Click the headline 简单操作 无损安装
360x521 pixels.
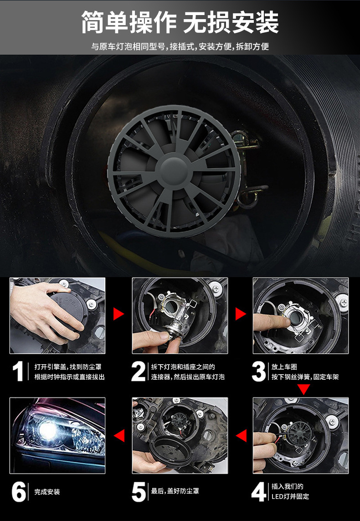pyautogui.click(x=180, y=23)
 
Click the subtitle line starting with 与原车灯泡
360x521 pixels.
pyautogui.click(x=180, y=46)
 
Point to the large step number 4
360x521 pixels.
pyautogui.click(x=259, y=492)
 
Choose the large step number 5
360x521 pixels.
pyautogui.click(x=139, y=492)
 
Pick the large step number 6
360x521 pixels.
pyautogui.click(x=19, y=492)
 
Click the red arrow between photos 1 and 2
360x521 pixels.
pyautogui.click(x=118, y=314)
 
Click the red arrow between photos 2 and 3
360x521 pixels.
pyautogui.click(x=240, y=314)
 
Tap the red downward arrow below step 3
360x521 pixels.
pyautogui.click(x=304, y=389)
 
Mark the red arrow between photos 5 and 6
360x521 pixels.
pyautogui.click(x=119, y=435)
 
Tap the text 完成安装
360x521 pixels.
pyautogui.click(x=47, y=492)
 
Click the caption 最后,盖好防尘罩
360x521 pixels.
pyautogui.click(x=175, y=491)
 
